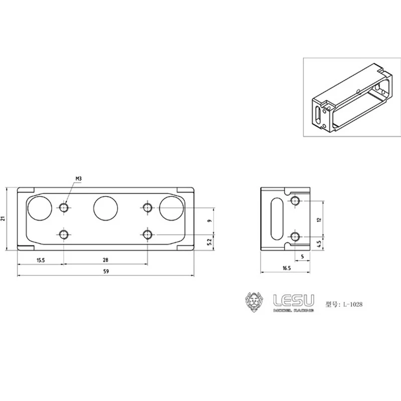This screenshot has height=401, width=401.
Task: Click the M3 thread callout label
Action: (x=79, y=178)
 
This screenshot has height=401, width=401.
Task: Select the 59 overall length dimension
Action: (x=106, y=271)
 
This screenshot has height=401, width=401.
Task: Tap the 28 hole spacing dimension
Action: (x=105, y=260)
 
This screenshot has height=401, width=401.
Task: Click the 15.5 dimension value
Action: (x=41, y=260)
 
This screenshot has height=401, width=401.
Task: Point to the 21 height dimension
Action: (x=4, y=218)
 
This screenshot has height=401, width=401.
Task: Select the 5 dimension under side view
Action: (x=302, y=256)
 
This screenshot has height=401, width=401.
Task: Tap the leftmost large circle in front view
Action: (x=39, y=208)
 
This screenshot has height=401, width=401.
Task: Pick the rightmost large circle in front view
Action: (x=171, y=208)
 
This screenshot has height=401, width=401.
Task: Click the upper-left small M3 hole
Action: (x=64, y=207)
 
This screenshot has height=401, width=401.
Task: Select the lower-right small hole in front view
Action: (x=147, y=234)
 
